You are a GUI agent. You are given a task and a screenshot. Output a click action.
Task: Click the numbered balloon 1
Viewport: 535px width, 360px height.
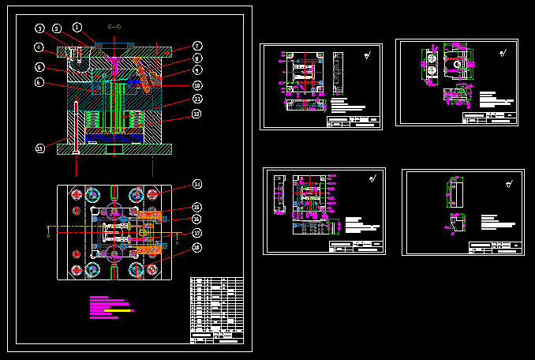(x=77, y=28)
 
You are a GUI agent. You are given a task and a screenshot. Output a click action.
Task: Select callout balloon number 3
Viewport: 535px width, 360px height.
(x=40, y=28)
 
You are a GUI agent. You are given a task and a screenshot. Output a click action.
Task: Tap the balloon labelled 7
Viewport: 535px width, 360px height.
(x=197, y=46)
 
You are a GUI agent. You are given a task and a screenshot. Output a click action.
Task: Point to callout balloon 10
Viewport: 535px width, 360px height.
(x=197, y=85)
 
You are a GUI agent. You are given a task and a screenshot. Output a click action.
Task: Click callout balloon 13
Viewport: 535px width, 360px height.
(x=40, y=148)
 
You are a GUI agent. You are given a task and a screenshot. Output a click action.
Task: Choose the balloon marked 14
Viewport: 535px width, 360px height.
(x=197, y=185)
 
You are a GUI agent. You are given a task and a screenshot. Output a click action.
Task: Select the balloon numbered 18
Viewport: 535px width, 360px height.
(x=197, y=247)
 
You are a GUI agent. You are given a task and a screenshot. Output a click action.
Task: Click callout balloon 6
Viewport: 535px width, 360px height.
(x=39, y=82)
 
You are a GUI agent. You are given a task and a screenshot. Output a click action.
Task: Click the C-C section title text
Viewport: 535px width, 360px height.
(x=114, y=27)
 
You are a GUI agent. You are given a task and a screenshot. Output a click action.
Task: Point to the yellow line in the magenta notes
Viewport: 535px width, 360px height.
(x=119, y=311)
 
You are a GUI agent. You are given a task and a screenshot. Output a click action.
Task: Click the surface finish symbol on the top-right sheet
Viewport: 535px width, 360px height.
(x=503, y=54)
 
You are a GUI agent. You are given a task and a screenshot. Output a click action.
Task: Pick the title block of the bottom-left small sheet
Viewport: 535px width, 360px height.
(x=356, y=248)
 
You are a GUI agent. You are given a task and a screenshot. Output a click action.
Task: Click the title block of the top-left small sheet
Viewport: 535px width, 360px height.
(x=354, y=122)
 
